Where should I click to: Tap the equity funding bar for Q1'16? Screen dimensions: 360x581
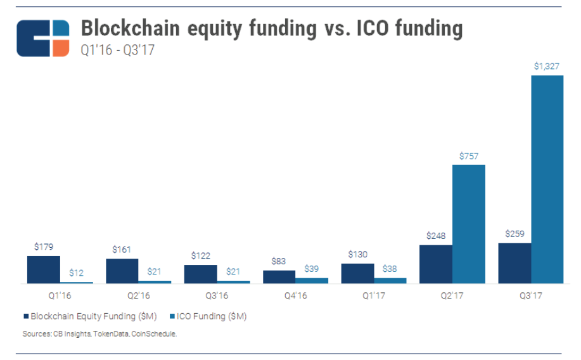click(43, 269)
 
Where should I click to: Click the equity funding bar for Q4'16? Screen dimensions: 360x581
click(279, 276)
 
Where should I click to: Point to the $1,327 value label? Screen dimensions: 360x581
click(547, 65)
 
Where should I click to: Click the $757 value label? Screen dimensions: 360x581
click(468, 155)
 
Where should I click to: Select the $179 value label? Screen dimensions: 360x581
click(43, 247)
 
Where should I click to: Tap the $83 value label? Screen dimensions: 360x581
click(279, 260)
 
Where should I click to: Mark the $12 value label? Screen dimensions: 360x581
click(76, 273)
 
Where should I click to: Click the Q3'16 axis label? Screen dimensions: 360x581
click(200, 295)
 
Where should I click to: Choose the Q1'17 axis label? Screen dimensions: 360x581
click(358, 295)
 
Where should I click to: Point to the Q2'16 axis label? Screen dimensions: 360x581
click(122, 295)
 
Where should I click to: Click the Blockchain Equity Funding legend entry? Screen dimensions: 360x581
click(90, 316)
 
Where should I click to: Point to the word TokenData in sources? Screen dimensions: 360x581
click(113, 333)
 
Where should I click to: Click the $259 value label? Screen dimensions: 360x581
click(514, 233)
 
